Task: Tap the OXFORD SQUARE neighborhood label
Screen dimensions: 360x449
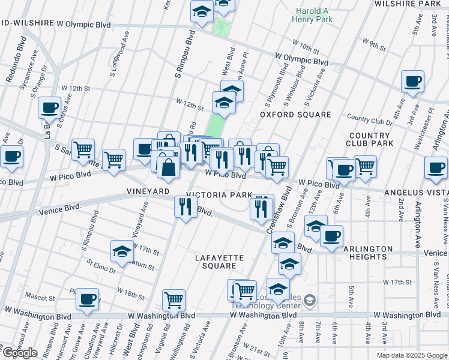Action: coord(295,115)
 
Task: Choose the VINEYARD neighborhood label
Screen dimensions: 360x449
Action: coord(148,191)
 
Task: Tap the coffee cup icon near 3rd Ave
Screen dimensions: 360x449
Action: coord(412,82)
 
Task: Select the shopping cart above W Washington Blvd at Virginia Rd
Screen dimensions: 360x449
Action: coord(173,299)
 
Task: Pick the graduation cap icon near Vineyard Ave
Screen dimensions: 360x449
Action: coord(122,251)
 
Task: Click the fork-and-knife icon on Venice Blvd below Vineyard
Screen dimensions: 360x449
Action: coord(185,206)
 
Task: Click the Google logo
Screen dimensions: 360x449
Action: coord(20,353)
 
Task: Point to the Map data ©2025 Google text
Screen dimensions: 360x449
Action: coord(411,355)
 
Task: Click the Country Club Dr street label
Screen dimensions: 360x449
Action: coord(369,120)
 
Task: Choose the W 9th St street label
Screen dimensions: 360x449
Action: coord(374,43)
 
